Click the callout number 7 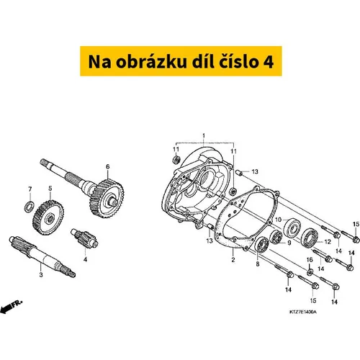coord(30,189)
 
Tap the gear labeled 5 coord(48,217)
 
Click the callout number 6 coord(108,166)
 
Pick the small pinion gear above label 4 coord(84,238)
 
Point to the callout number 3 coord(41,274)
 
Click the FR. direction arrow coord(11,307)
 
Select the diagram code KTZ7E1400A coord(303,312)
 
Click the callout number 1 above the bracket coord(204,136)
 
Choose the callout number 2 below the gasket coord(233,260)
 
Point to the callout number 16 coord(310,260)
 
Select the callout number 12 coord(328,242)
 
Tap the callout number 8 coord(258,264)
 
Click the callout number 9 coord(289,243)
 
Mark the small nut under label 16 coord(310,271)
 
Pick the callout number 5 coord(50,189)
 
